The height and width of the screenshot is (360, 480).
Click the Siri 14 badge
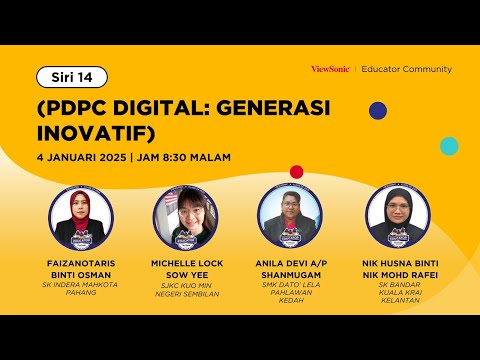[72, 77]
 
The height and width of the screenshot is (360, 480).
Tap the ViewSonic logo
[330, 69]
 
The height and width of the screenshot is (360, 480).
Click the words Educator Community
[407, 69]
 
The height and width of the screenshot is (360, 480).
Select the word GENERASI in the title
[273, 108]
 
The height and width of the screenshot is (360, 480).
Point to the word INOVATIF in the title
[92, 133]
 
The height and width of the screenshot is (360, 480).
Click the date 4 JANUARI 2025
[82, 157]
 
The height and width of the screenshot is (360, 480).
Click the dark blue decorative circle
[378, 111]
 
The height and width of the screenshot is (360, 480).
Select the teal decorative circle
[449, 146]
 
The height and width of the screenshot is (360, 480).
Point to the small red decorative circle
[297, 172]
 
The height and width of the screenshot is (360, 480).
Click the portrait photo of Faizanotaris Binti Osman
[81, 218]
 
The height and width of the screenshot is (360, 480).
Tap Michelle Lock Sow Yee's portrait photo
[186, 218]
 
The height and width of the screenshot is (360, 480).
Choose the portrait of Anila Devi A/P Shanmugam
[290, 217]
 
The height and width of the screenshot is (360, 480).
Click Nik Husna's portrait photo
[398, 217]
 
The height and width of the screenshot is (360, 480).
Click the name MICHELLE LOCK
[187, 263]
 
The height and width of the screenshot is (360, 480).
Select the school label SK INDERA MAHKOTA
[80, 285]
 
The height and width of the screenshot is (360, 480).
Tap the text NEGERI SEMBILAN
[187, 294]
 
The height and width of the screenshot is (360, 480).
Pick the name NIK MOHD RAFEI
[400, 275]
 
